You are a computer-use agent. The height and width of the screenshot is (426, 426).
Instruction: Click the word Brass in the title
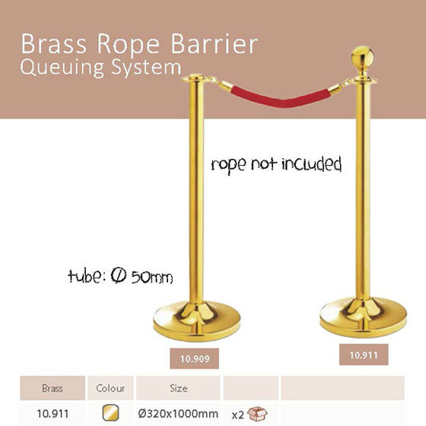tap(54, 43)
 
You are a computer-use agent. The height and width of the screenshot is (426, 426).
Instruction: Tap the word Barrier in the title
tap(215, 43)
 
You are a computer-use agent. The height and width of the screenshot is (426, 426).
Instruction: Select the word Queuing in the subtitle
tap(62, 68)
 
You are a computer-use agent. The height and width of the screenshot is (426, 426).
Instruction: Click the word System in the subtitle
tap(146, 68)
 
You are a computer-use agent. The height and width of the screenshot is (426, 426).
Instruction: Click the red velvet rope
tap(281, 97)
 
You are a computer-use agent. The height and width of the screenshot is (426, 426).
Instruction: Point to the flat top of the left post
tap(197, 78)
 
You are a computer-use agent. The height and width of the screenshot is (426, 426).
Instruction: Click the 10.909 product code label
tap(195, 358)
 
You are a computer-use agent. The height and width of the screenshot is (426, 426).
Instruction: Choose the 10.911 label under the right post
tap(364, 354)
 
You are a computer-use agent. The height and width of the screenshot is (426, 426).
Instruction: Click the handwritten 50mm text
tap(152, 277)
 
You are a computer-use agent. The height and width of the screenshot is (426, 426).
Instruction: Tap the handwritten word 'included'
tap(311, 164)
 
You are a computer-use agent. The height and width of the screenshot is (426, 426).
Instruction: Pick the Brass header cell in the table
tap(52, 388)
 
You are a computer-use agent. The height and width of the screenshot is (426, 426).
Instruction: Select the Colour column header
tap(110, 388)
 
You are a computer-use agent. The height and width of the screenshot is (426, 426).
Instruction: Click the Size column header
tap(178, 388)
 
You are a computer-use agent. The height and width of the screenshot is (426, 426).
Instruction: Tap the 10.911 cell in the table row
tap(52, 414)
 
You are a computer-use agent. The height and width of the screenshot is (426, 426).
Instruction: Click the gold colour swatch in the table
tap(110, 413)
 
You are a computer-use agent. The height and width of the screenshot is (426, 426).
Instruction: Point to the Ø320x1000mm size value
tap(178, 414)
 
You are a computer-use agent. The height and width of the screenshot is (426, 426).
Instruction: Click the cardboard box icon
tap(257, 414)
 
